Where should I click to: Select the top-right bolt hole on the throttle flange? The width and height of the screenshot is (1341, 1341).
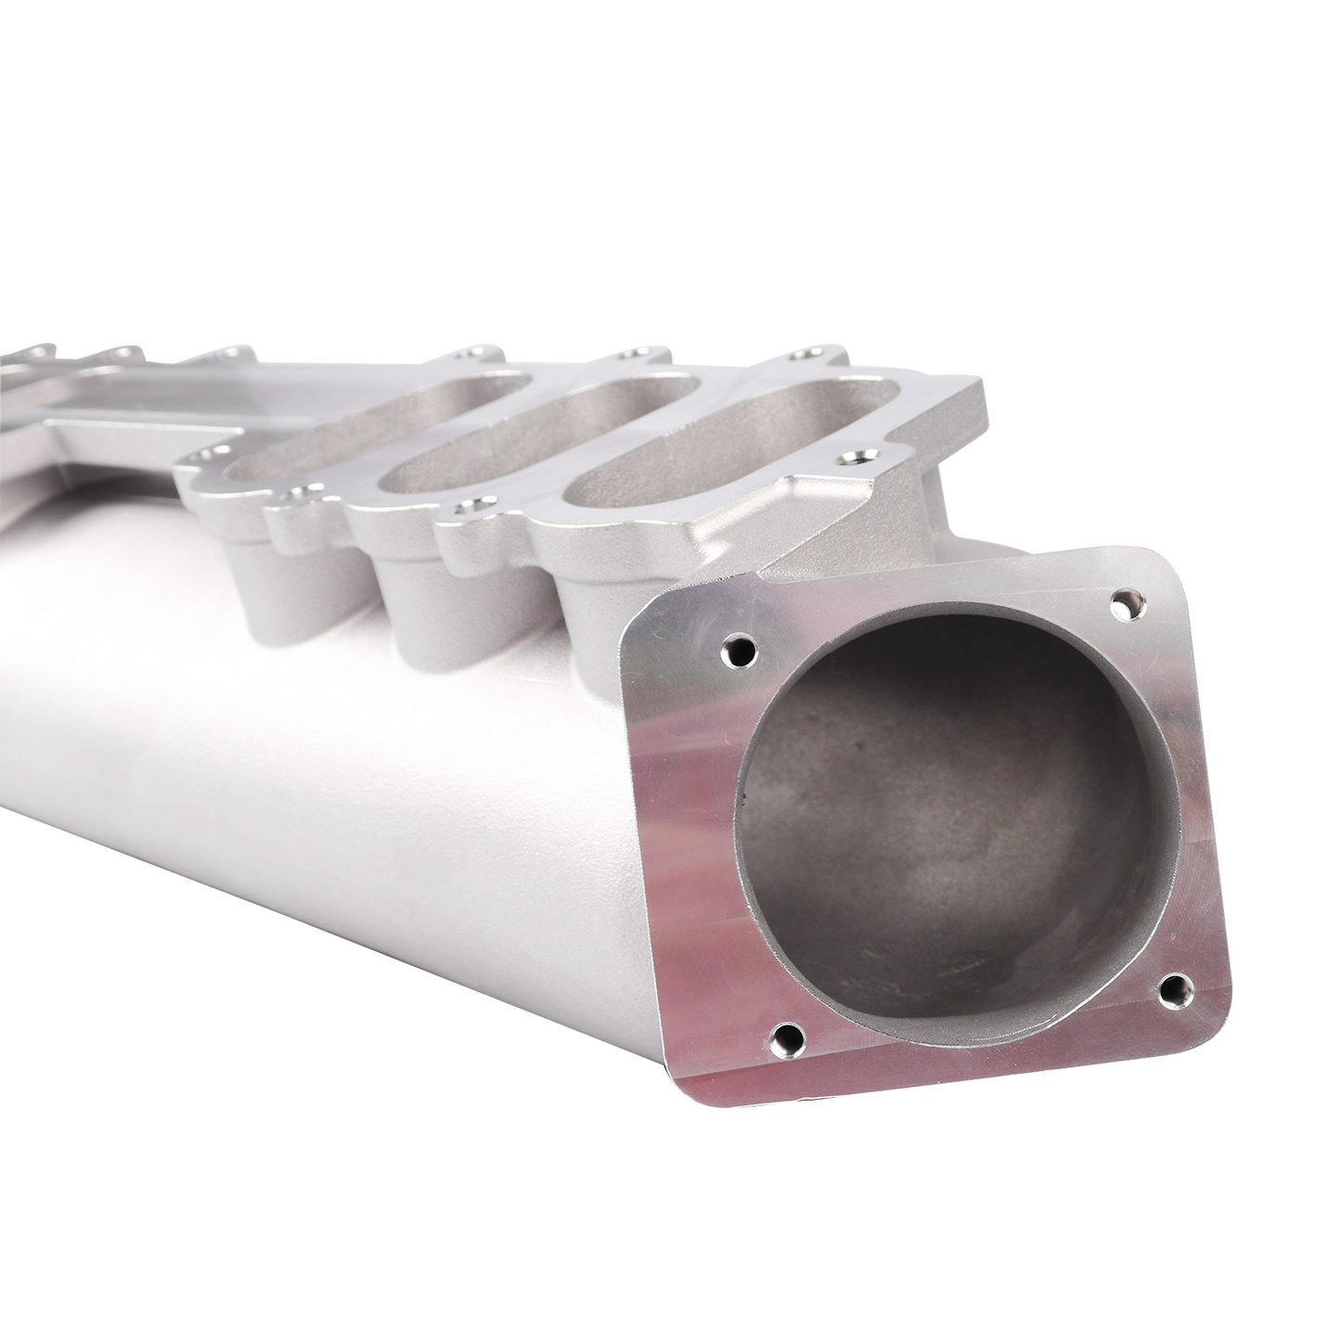(x=1127, y=604)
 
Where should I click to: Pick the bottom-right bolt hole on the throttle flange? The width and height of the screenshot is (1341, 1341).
(x=1173, y=987)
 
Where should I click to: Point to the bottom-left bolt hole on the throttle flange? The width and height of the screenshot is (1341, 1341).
(x=785, y=1037)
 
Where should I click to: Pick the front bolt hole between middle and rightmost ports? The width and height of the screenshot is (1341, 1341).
(x=465, y=509)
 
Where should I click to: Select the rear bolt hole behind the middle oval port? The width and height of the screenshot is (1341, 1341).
(x=638, y=355)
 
